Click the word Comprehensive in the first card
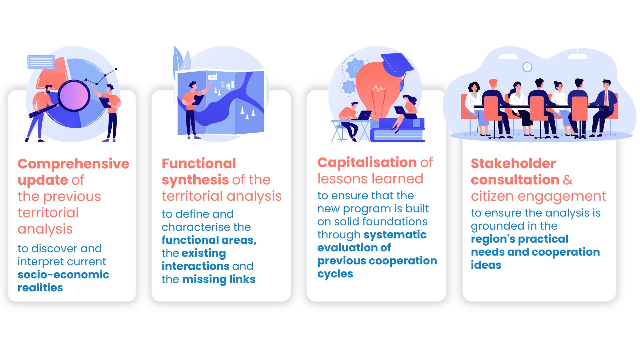[x=73, y=164]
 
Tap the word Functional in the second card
[x=199, y=163]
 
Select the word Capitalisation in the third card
[x=367, y=163]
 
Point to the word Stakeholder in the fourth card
[x=513, y=163]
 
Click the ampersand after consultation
[x=568, y=180]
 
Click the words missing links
[x=219, y=279]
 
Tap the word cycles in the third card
[x=335, y=274]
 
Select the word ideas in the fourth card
[x=486, y=265]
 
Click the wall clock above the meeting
[x=527, y=67]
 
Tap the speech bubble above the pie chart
[x=41, y=62]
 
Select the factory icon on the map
[x=213, y=77]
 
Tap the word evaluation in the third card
[x=347, y=248]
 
